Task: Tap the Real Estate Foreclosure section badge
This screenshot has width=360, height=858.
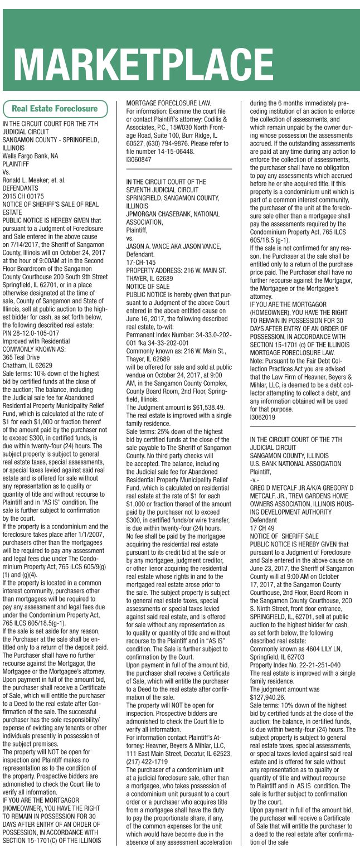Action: (55, 109)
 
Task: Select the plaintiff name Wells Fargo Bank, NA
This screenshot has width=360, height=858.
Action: (31, 157)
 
